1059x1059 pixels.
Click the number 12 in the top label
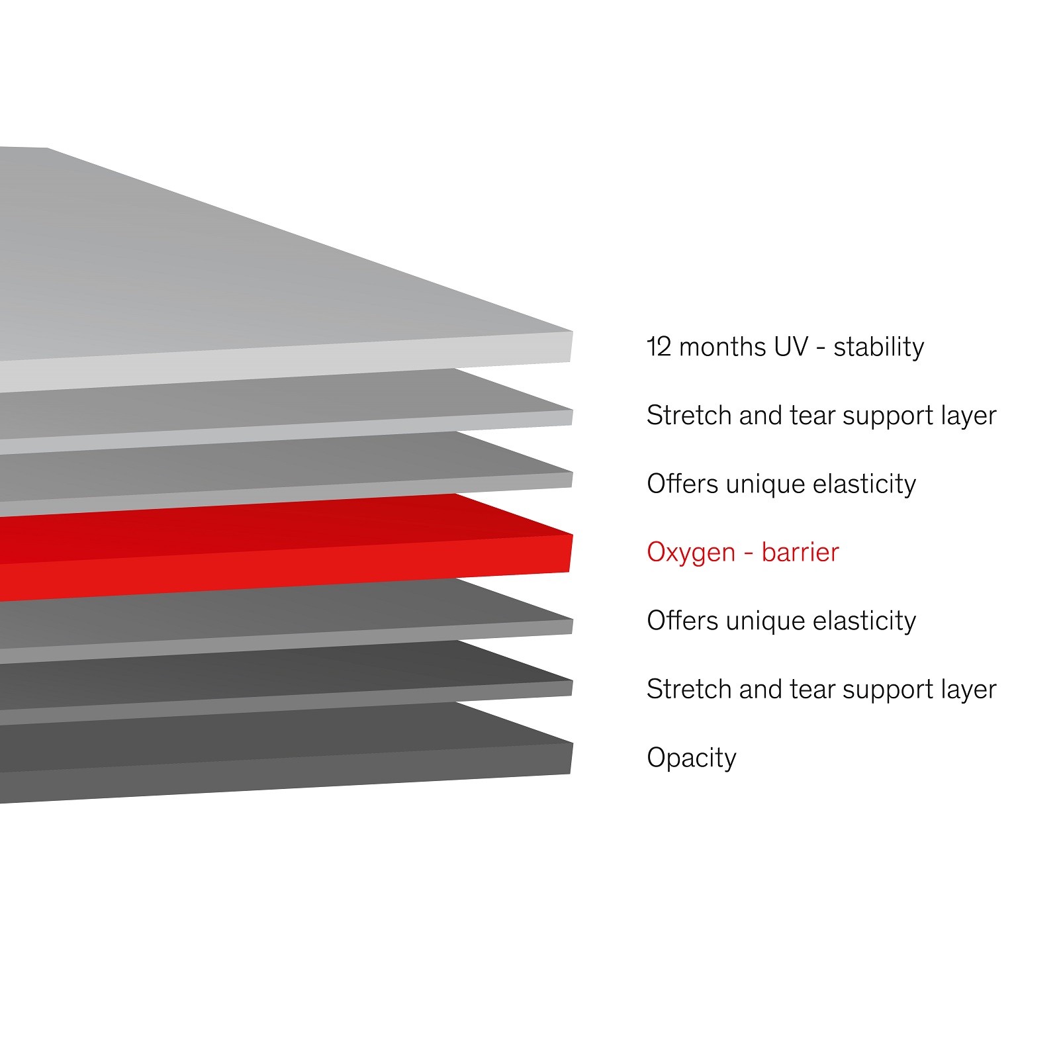coord(659,347)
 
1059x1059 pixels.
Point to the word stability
coord(878,347)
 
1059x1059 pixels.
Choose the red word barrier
coord(800,552)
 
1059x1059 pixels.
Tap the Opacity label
coord(692,759)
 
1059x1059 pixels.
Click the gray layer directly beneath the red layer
coord(285,618)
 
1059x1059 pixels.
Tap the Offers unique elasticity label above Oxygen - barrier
coord(782,484)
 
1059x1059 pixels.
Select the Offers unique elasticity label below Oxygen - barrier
coord(782,621)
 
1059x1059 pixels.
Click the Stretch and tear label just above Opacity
coord(821,690)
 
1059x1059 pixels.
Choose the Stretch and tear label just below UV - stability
coord(821,416)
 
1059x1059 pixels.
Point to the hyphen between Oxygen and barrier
coord(749,553)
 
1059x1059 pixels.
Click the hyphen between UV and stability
coord(821,349)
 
